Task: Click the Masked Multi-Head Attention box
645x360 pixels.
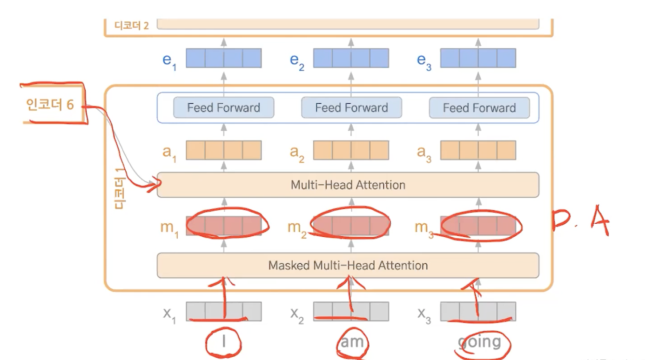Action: [348, 265]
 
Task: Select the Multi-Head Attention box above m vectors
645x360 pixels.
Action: [348, 185]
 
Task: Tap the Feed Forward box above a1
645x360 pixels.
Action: [223, 108]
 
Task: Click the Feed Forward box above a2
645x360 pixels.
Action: [351, 108]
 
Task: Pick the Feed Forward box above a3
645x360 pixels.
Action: [479, 108]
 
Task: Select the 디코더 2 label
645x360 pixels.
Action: [132, 25]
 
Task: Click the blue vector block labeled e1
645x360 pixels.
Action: [223, 58]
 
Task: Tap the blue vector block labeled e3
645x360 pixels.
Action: [478, 58]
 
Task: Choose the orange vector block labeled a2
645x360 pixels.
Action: [351, 150]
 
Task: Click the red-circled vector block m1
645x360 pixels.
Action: [223, 226]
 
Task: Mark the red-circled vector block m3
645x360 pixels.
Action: [478, 226]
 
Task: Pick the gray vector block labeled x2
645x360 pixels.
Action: [351, 312]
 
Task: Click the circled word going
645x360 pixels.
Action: [480, 343]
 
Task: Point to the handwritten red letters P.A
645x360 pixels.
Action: [580, 222]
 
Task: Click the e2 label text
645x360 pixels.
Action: [297, 61]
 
